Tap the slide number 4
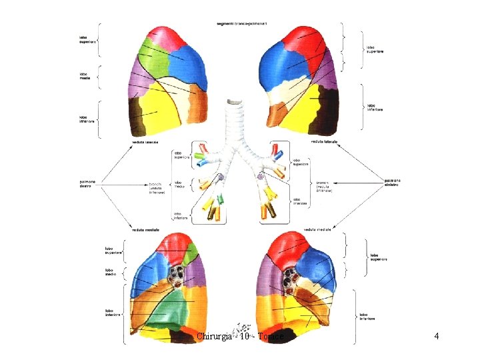tap(436, 336)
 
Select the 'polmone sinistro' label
tap(393, 181)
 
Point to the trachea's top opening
tap(234, 102)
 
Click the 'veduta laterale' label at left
tap(146, 142)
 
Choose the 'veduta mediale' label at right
tap(318, 229)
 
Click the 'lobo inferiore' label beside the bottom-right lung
tap(367, 316)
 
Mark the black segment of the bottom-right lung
tap(287, 333)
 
